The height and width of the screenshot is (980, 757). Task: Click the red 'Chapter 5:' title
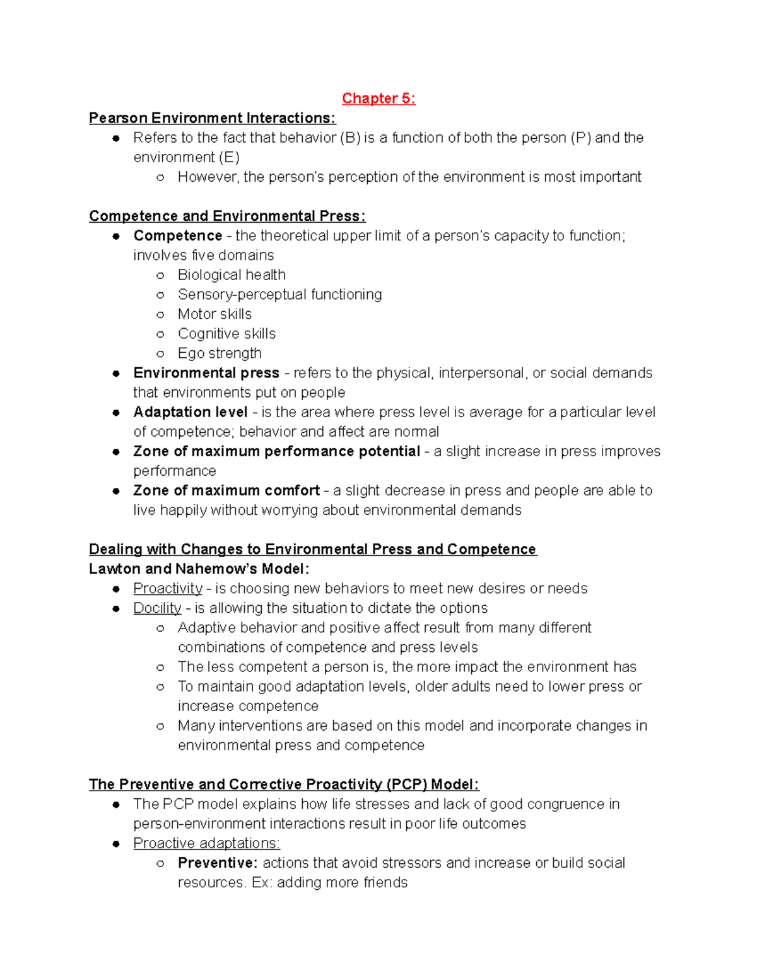pyautogui.click(x=378, y=98)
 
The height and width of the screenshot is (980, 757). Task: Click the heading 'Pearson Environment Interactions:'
pyautogui.click(x=212, y=118)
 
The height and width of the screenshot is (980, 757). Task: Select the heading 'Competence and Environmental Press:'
pyautogui.click(x=227, y=216)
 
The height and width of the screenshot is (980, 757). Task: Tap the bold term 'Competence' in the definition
pyautogui.click(x=177, y=235)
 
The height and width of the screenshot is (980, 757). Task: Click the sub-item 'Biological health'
pyautogui.click(x=232, y=275)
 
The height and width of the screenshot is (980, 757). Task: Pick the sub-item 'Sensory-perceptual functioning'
pyautogui.click(x=279, y=294)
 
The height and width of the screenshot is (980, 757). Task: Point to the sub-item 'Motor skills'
pyautogui.click(x=214, y=314)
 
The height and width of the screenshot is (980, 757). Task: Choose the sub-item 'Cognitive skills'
pyautogui.click(x=226, y=333)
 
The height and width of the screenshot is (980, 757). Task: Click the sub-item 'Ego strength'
pyautogui.click(x=220, y=353)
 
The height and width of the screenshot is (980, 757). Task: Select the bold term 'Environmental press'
pyautogui.click(x=206, y=373)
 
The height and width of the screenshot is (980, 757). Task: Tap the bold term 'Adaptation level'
pyautogui.click(x=190, y=412)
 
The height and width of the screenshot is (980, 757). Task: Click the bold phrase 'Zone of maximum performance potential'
pyautogui.click(x=276, y=451)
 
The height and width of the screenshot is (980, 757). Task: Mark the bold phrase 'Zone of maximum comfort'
pyautogui.click(x=226, y=490)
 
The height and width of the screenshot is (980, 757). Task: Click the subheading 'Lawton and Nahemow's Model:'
pyautogui.click(x=199, y=569)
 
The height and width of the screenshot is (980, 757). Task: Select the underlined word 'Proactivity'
pyautogui.click(x=168, y=588)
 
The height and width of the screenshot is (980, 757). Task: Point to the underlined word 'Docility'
pyautogui.click(x=157, y=608)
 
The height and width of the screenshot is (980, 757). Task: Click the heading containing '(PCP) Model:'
pyautogui.click(x=284, y=784)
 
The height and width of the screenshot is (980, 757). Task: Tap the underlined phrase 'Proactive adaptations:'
pyautogui.click(x=206, y=843)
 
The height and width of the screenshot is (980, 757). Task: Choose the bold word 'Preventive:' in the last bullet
pyautogui.click(x=218, y=863)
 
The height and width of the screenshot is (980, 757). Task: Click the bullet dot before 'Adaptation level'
pyautogui.click(x=116, y=413)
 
